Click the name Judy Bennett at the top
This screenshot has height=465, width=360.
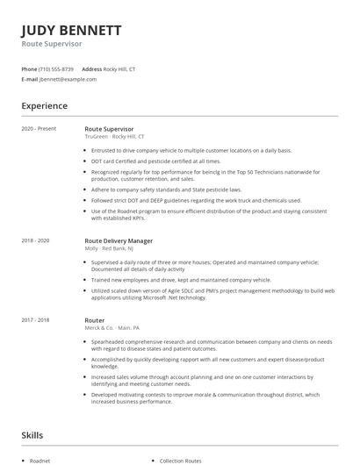71,32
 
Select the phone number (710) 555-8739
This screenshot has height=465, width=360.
57,68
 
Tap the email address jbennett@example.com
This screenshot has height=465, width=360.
68,79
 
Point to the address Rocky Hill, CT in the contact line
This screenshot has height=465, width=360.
119,68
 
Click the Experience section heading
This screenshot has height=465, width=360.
45,106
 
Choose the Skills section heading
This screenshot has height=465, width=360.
33,434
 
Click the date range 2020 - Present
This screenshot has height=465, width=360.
39,129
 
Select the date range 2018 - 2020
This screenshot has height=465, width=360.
36,240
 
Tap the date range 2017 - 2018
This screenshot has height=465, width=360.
36,321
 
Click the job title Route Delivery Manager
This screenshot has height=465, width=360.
119,240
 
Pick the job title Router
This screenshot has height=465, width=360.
94,321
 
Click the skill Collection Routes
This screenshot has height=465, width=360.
180,460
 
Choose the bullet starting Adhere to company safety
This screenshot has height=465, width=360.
166,189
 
